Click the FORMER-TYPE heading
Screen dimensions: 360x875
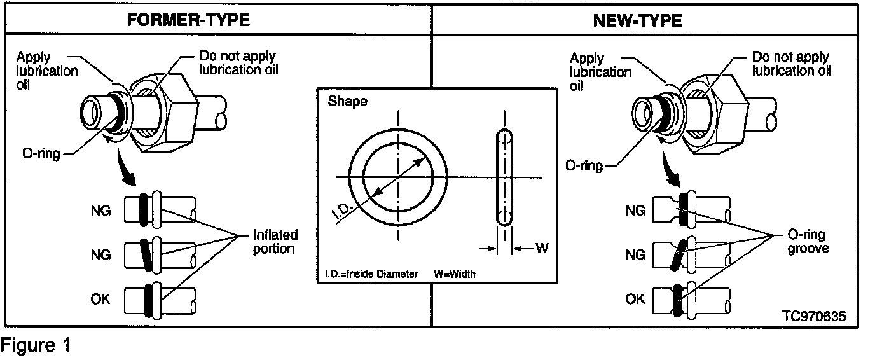pos(188,20)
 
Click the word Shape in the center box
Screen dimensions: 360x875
pos(347,102)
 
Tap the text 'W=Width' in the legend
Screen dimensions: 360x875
pos(455,274)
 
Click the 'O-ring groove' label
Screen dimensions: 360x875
pos(808,242)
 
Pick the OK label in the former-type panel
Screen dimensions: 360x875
pos(100,298)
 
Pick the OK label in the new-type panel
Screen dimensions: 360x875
pos(635,298)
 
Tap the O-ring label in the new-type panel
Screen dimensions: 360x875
pos(584,165)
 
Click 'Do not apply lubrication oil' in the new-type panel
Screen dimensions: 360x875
pos(792,64)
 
